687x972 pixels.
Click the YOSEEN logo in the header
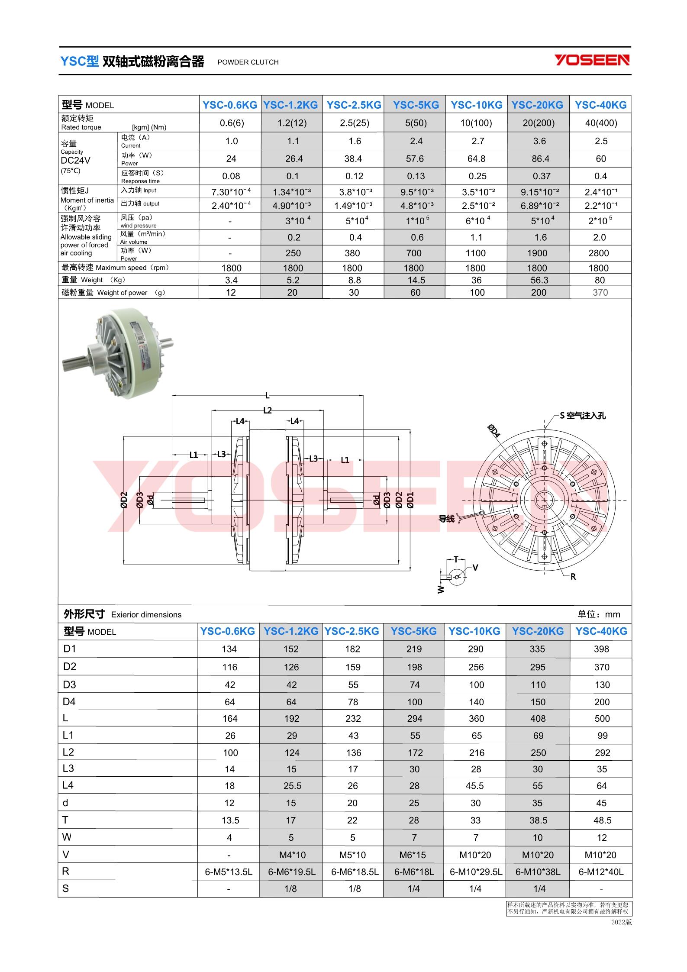click(x=592, y=60)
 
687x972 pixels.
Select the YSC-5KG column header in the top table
click(x=416, y=105)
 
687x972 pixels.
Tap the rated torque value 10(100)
click(x=476, y=123)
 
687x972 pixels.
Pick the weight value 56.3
click(x=539, y=280)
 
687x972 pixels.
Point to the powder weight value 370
click(x=600, y=293)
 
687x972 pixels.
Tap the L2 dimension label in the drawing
click(x=268, y=410)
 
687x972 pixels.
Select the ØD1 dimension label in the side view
click(x=410, y=500)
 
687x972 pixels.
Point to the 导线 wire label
click(x=447, y=518)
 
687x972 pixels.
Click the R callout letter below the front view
click(x=573, y=577)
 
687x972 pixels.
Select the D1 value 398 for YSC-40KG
click(x=601, y=649)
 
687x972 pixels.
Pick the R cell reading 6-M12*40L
click(x=601, y=872)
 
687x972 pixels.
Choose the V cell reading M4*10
click(x=292, y=855)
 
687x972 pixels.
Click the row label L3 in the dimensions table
click(x=68, y=769)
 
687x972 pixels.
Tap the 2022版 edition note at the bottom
click(x=621, y=922)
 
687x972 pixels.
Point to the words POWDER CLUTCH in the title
click(x=248, y=62)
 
